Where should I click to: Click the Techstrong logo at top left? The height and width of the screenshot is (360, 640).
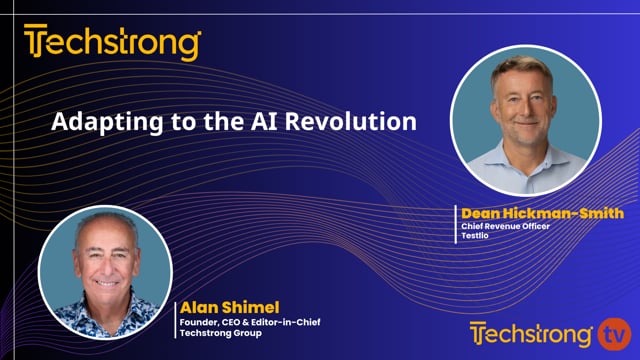pyautogui.click(x=112, y=44)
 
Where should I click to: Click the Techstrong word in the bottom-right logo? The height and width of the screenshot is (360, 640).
pyautogui.click(x=533, y=333)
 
